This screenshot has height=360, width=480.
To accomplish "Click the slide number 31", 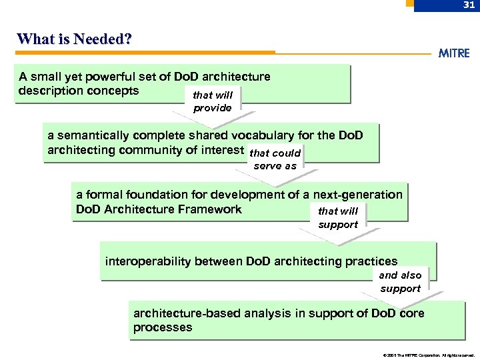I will [469, 5].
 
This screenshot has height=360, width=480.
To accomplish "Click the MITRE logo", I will [454, 53].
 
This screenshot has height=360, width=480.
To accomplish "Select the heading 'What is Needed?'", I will [74, 39].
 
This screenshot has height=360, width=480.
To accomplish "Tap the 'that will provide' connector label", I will [213, 101].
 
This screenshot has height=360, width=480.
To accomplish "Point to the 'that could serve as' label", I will [275, 159].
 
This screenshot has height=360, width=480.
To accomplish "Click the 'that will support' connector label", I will [338, 217].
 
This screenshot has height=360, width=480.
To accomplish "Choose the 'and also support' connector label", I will [400, 281].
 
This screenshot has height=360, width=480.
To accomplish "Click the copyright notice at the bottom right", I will [429, 355].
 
